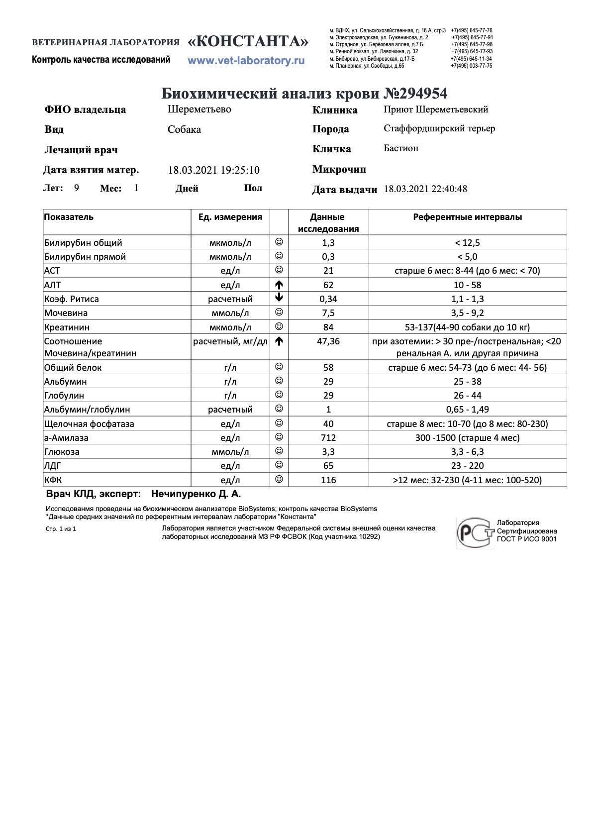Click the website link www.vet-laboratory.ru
click(246, 61)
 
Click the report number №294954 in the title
click(415, 94)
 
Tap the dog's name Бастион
click(401, 148)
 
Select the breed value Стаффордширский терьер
click(439, 129)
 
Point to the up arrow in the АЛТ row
click(279, 285)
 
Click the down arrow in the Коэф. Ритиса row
click(279, 298)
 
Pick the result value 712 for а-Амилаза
click(328, 438)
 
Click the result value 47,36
click(328, 341)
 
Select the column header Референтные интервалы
click(468, 217)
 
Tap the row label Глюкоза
click(62, 452)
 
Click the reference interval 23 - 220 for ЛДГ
click(468, 466)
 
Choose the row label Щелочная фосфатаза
click(89, 424)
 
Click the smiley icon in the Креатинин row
click(279, 326)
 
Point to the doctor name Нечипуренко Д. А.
click(196, 494)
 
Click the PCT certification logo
click(475, 532)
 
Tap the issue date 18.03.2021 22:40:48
click(425, 189)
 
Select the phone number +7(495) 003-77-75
click(472, 66)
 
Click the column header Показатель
click(69, 217)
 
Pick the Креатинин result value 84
click(328, 327)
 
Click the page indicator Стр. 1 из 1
click(61, 529)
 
